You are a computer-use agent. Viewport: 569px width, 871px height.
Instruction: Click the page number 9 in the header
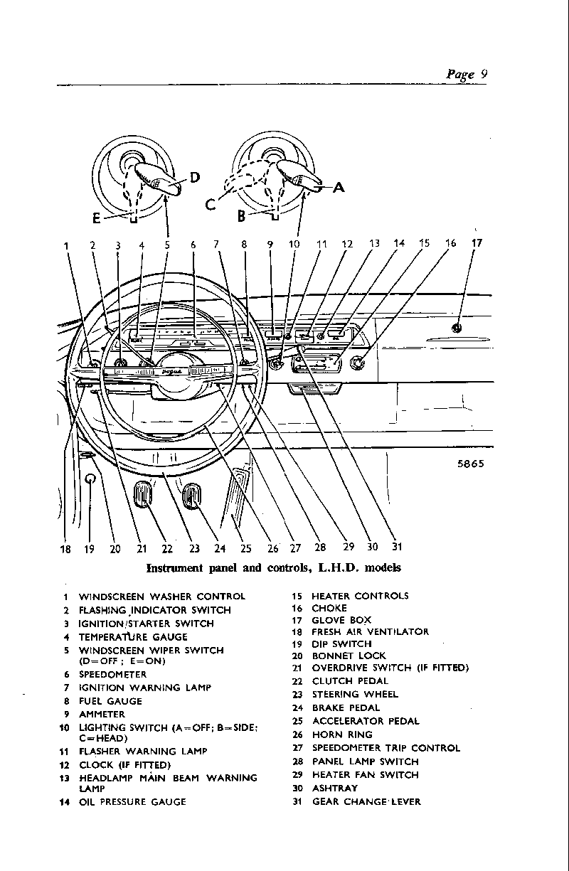(x=482, y=74)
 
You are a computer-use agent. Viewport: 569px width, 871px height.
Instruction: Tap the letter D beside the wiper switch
(x=195, y=178)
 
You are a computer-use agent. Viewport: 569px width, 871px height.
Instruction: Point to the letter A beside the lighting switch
(x=339, y=188)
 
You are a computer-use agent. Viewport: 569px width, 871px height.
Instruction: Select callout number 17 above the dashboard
(x=477, y=243)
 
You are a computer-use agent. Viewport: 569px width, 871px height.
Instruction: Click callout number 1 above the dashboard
(x=66, y=246)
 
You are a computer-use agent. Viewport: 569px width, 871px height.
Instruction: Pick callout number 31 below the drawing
(x=397, y=547)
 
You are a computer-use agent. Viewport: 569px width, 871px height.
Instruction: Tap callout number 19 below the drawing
(x=90, y=548)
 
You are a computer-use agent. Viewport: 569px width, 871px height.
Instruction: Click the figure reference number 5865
(x=470, y=463)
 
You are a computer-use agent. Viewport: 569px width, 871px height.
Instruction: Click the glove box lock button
(x=457, y=328)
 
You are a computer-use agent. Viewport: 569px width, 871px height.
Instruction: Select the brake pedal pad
(x=192, y=495)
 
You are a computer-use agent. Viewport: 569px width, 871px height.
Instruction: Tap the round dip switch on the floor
(x=90, y=480)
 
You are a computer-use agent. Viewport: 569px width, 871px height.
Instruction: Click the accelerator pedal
(x=238, y=498)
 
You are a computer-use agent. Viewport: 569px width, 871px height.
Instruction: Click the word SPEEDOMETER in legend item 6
(x=112, y=674)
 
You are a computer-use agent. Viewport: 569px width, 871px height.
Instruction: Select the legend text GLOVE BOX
(x=341, y=620)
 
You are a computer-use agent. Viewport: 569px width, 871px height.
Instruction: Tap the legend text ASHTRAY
(x=334, y=788)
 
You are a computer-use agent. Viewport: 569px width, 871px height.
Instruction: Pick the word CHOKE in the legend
(x=329, y=608)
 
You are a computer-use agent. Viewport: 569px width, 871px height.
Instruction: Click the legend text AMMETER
(x=102, y=714)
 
